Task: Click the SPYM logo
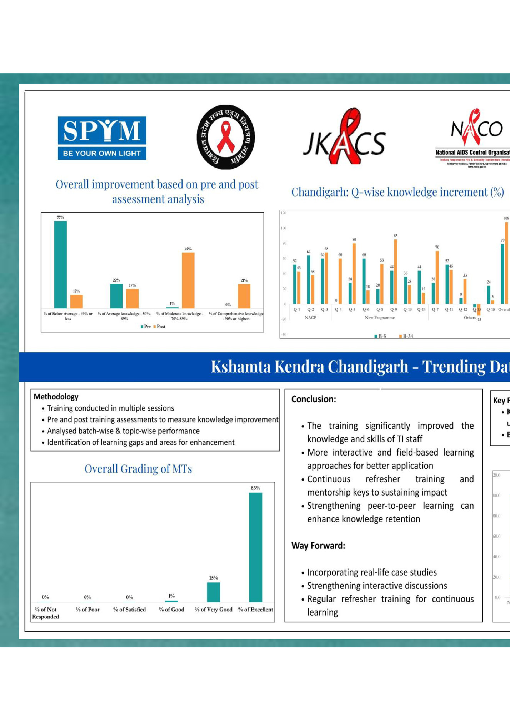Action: click(102, 138)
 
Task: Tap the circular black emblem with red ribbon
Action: click(226, 137)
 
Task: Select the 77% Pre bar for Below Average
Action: click(60, 264)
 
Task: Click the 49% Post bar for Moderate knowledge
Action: click(188, 280)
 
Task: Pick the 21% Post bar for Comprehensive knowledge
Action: click(244, 296)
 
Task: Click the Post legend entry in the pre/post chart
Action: click(159, 327)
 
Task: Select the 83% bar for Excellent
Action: click(255, 547)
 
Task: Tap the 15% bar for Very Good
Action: click(213, 592)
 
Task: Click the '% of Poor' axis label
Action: click(87, 610)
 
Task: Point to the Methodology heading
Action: click(56, 397)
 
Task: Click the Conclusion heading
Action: click(314, 399)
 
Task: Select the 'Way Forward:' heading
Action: click(318, 546)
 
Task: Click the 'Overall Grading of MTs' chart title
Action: click(138, 469)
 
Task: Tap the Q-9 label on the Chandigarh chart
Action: click(394, 309)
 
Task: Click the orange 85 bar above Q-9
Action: click(395, 272)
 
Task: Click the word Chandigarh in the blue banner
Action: click(368, 367)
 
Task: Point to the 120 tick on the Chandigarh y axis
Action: click(284, 213)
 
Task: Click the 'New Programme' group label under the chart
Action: click(380, 318)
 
